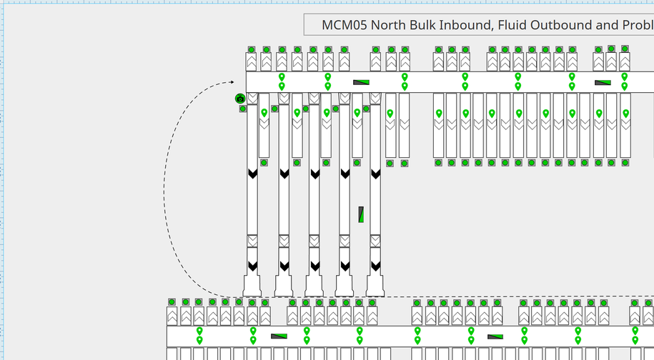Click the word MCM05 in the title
click(x=345, y=25)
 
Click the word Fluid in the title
click(x=523, y=25)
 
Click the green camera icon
click(x=240, y=99)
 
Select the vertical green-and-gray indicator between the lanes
click(x=361, y=214)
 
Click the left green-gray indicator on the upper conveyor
click(x=361, y=82)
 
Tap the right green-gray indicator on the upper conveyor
click(x=603, y=82)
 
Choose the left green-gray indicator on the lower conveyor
click(x=279, y=336)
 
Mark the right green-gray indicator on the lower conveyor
click(x=495, y=336)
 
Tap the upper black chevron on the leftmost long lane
click(x=252, y=174)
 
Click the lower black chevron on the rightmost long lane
click(x=375, y=266)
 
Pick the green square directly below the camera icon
click(x=243, y=109)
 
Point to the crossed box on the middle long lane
click(x=314, y=240)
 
